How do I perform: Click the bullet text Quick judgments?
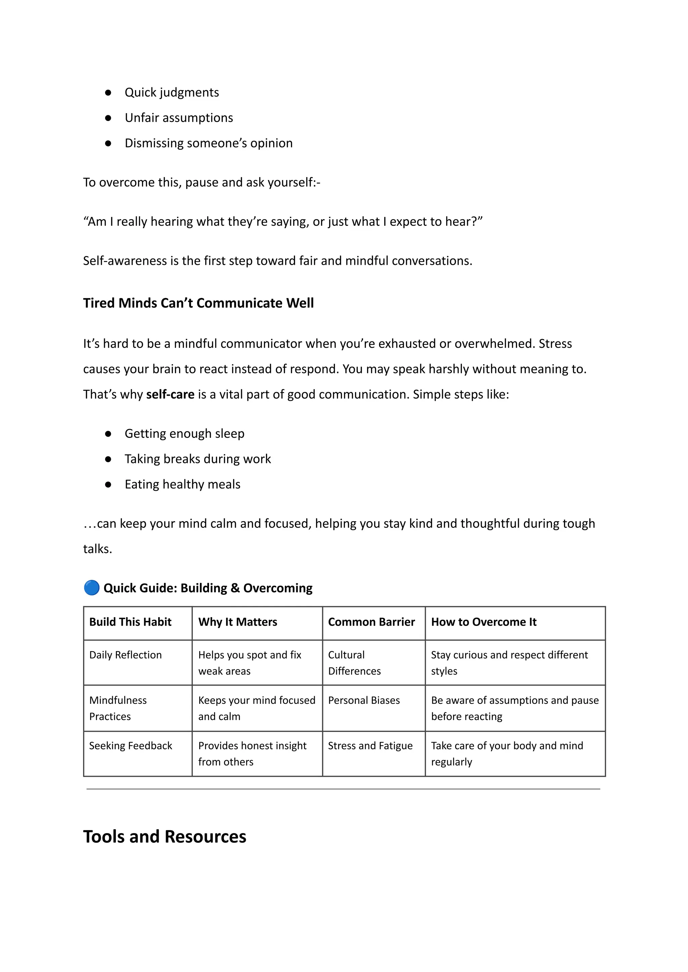pyautogui.click(x=172, y=92)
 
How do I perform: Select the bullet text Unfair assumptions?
pyautogui.click(x=178, y=118)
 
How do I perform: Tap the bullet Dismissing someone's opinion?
pyautogui.click(x=208, y=143)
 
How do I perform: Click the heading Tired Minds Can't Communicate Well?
pyautogui.click(x=198, y=303)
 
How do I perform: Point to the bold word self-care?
pyautogui.click(x=170, y=394)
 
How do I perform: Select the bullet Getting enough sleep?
pyautogui.click(x=184, y=433)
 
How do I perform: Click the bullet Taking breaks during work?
pyautogui.click(x=198, y=459)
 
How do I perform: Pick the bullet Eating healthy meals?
pyautogui.click(x=182, y=484)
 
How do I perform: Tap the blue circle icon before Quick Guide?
pyautogui.click(x=91, y=588)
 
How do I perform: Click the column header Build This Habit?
pyautogui.click(x=130, y=622)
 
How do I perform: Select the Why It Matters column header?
pyautogui.click(x=237, y=622)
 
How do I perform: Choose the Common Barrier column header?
pyautogui.click(x=371, y=622)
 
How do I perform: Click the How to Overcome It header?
pyautogui.click(x=483, y=622)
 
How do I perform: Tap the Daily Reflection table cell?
pyautogui.click(x=125, y=655)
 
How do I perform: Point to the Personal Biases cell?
pyautogui.click(x=363, y=701)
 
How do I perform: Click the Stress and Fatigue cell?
pyautogui.click(x=370, y=746)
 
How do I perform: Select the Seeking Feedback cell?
pyautogui.click(x=130, y=746)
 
